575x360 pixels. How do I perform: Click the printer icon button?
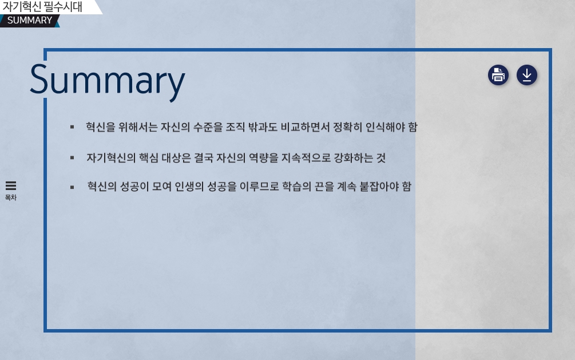click(498, 75)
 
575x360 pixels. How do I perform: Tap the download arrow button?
click(526, 75)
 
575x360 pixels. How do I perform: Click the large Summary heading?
click(108, 81)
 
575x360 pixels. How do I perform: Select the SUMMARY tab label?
click(30, 20)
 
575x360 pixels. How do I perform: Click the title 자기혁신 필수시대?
click(42, 7)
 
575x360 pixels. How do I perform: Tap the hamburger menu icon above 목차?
click(11, 185)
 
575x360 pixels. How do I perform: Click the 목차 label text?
click(11, 197)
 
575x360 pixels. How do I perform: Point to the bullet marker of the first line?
click(72, 127)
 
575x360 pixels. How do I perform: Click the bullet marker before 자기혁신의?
click(72, 158)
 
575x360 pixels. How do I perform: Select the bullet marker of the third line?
click(72, 187)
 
